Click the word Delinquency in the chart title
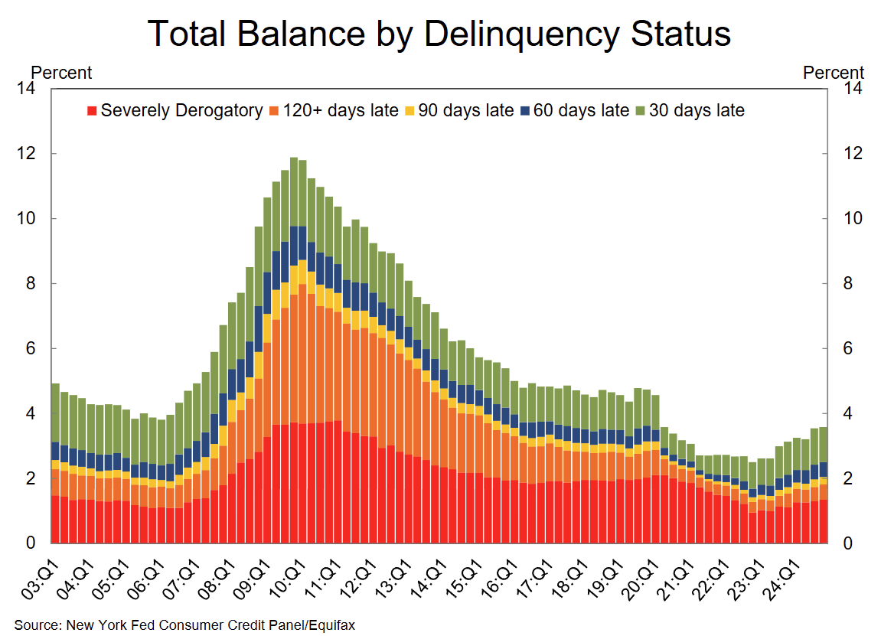(x=498, y=34)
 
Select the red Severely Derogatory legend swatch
(x=92, y=111)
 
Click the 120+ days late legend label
(x=341, y=110)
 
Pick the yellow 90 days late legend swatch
(x=409, y=111)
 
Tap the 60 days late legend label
(x=581, y=110)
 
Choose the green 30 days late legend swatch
(x=640, y=111)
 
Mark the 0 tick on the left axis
(x=31, y=543)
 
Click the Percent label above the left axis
(x=61, y=73)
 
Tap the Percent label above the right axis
(x=834, y=73)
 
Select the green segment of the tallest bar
(x=294, y=191)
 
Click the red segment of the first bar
(x=55, y=520)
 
